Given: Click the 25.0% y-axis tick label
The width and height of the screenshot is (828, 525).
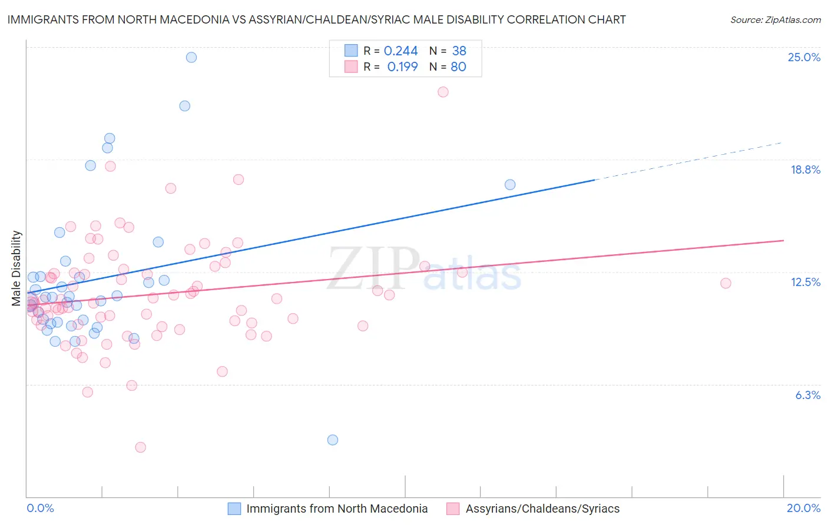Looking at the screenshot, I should [804, 57].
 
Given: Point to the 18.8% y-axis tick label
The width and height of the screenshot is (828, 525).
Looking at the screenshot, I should [805, 170].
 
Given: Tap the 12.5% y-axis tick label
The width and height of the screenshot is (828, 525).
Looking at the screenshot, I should [805, 282].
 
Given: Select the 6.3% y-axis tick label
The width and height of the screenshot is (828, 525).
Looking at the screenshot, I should [807, 395].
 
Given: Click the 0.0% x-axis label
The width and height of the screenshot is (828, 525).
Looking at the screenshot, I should [40, 508].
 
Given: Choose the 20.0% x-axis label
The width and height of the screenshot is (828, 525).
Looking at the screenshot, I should [803, 508].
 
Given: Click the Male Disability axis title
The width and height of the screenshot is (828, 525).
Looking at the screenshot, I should [16, 268].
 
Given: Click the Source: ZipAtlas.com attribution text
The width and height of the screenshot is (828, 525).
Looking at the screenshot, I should [775, 19].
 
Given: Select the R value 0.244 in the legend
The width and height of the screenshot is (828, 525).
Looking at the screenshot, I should [400, 51].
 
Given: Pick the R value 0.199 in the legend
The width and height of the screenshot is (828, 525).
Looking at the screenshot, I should [402, 67].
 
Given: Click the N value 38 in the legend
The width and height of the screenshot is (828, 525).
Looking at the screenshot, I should [459, 51].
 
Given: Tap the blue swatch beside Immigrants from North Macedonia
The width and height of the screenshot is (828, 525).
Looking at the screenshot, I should [234, 509].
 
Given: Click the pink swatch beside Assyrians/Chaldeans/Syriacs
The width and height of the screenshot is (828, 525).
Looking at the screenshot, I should [453, 509].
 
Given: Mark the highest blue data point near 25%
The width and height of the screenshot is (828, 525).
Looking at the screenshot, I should [191, 57].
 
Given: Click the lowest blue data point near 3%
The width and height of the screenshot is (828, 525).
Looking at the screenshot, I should [333, 440].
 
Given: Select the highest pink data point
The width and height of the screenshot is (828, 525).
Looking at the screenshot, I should [443, 92].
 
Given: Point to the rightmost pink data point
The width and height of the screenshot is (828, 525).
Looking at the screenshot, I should [726, 283].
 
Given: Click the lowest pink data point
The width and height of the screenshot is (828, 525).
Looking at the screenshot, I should [140, 447].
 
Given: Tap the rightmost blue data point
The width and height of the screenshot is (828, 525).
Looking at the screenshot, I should [510, 185].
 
